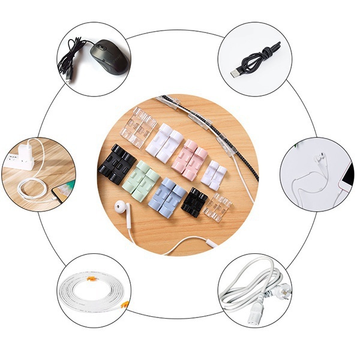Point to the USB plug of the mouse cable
[x=70, y=76]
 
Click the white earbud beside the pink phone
[x=319, y=157]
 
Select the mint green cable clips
[x=141, y=181]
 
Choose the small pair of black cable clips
[x=194, y=202]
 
